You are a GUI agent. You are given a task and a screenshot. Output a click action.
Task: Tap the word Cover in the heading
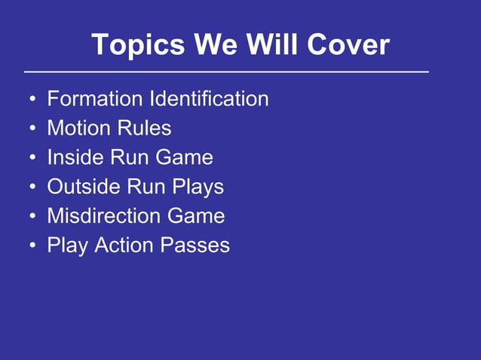click(348, 46)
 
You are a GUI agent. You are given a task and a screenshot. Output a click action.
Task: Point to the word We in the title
click(218, 46)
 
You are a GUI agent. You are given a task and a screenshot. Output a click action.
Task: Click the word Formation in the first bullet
click(95, 99)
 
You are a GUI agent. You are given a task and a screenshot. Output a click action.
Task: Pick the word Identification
click(209, 99)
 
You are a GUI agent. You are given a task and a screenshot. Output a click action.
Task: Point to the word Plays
click(198, 187)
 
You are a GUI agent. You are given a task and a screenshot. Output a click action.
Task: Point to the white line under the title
click(226, 72)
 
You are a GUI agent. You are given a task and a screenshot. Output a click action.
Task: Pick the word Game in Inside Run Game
click(185, 157)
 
